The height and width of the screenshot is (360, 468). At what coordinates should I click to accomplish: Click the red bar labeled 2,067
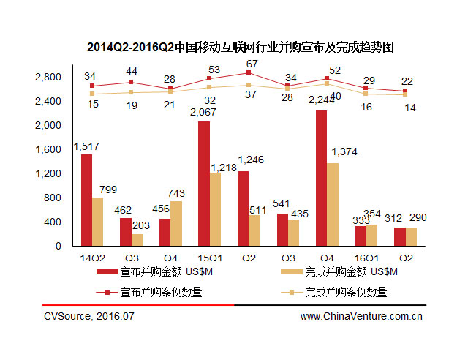tap(204, 184)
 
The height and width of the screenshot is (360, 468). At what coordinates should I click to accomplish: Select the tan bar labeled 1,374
tap(332, 204)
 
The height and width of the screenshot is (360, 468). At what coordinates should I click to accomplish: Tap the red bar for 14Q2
tap(87, 200)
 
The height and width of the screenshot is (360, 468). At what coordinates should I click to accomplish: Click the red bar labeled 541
tap(282, 230)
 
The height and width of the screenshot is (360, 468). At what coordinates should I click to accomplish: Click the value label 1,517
tap(86, 146)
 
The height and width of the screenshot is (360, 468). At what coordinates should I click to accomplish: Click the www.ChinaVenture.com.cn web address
tap(361, 316)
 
